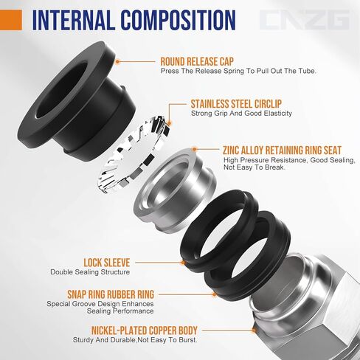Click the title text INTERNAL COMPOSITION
point(134,21)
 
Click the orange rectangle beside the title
point(11,20)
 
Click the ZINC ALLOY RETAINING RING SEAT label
point(288,148)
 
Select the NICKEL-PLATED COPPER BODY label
point(136,330)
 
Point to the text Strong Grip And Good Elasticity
point(241,114)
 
